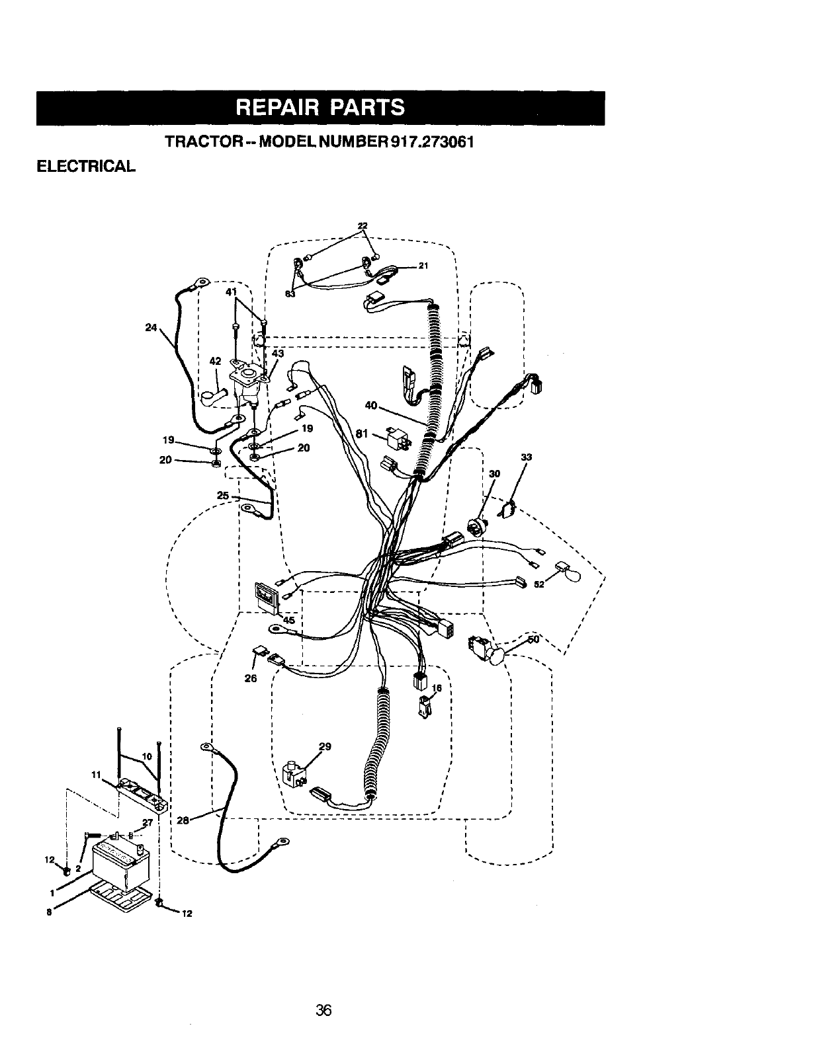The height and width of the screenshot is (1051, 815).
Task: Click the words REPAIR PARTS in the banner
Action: [x=320, y=108]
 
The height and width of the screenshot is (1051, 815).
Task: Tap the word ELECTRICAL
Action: [x=85, y=165]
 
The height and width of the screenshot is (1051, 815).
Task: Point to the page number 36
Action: [x=323, y=1009]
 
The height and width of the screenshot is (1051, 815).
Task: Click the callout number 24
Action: [x=151, y=327]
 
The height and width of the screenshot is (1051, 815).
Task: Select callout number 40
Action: [x=370, y=406]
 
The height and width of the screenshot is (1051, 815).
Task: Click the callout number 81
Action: [x=361, y=434]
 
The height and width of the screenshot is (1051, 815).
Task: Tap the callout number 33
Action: [x=526, y=457]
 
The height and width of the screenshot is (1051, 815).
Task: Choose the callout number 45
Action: [x=289, y=619]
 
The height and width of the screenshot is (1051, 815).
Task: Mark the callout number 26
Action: [x=251, y=678]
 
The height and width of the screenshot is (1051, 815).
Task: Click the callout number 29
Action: [x=325, y=747]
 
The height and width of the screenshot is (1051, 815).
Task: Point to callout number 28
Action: [x=184, y=820]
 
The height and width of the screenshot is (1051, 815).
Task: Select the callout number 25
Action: [x=222, y=495]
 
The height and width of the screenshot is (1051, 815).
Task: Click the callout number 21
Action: [x=425, y=266]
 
